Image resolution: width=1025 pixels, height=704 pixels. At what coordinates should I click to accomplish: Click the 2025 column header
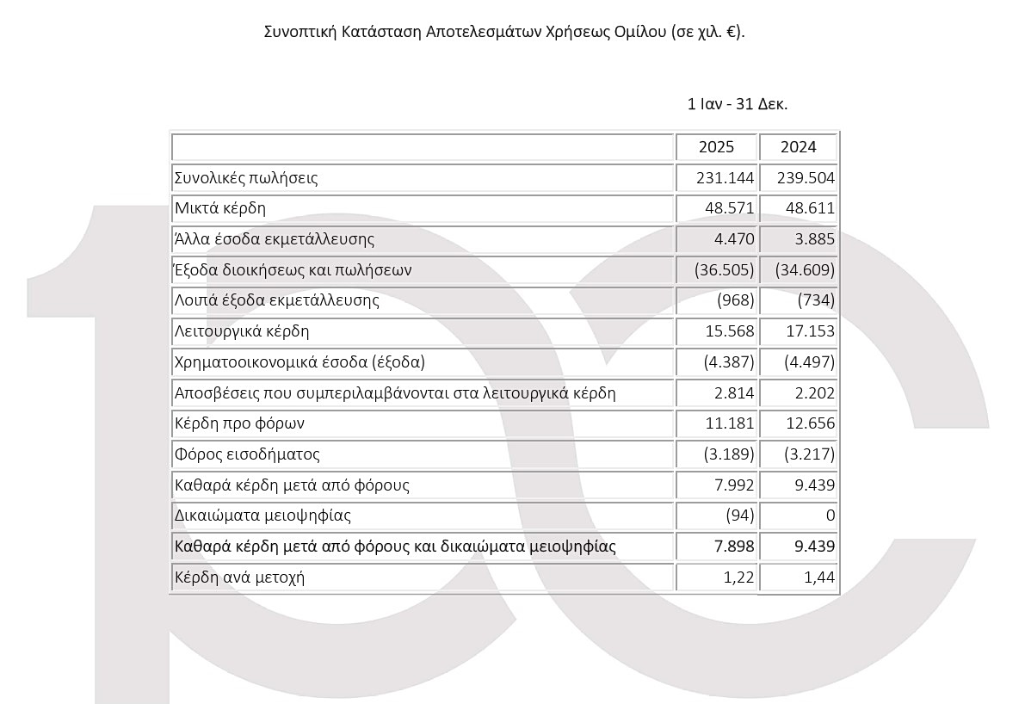(716, 147)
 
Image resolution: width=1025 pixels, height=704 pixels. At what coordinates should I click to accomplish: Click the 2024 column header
(798, 147)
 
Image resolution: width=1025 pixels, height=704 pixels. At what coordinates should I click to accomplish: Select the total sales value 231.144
(726, 178)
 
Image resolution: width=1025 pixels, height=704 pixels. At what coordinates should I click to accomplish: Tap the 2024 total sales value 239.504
(806, 178)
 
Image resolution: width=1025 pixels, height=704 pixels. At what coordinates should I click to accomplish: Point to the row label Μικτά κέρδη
(220, 208)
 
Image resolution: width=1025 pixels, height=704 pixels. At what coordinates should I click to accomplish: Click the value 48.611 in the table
(810, 208)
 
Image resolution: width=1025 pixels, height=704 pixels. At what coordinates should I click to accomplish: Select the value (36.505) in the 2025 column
(724, 270)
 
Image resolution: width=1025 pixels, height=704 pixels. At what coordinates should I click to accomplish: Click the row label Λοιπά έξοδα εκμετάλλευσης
(276, 301)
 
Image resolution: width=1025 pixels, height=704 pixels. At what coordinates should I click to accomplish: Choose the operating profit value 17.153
(810, 331)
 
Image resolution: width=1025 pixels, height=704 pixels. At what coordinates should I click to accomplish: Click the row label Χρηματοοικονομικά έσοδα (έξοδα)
(299, 362)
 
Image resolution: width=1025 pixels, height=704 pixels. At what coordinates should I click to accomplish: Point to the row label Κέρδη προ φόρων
(239, 423)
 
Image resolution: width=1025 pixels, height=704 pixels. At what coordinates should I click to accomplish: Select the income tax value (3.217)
(806, 454)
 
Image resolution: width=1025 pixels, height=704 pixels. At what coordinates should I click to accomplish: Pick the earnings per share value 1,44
(818, 577)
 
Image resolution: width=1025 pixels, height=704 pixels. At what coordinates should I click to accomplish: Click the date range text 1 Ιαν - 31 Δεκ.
(738, 104)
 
